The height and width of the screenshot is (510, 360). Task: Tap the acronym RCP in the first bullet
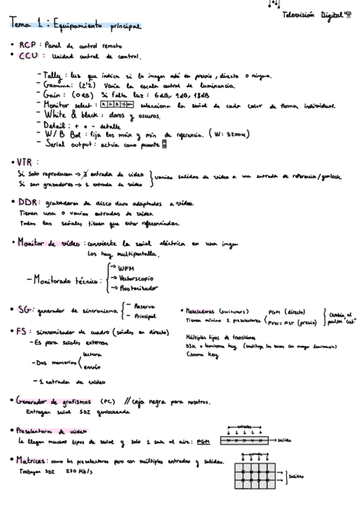[x=28, y=45]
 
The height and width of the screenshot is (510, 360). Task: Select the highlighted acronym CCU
[x=29, y=56]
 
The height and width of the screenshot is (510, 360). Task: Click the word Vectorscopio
[x=135, y=278]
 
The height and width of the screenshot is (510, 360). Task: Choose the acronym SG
[x=25, y=310]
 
